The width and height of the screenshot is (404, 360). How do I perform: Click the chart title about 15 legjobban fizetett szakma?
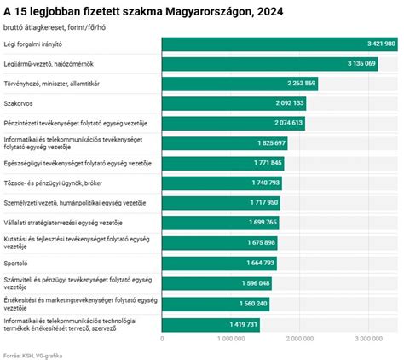point(143,12)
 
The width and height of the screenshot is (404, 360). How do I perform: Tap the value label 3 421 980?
point(380,44)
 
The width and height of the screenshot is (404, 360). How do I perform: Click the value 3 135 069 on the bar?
point(361,63)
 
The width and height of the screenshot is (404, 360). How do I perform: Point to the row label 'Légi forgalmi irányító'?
point(33,44)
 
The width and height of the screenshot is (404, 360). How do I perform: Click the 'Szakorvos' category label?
point(18,103)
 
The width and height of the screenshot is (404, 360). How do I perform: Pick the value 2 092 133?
point(289,103)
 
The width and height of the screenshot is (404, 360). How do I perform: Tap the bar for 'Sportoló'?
point(219,264)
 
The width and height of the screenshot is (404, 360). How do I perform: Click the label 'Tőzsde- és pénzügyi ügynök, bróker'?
point(54,183)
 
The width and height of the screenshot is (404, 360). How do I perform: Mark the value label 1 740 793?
point(265,183)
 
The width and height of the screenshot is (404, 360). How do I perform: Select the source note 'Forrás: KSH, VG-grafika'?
point(33,354)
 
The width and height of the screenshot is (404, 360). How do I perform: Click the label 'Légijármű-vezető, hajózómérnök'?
point(48,63)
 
